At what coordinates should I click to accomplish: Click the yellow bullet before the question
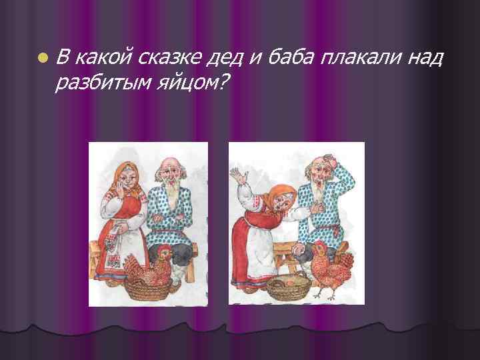click(x=43, y=58)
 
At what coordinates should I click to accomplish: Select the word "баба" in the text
click(x=289, y=59)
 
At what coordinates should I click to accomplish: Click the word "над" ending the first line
click(x=423, y=59)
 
